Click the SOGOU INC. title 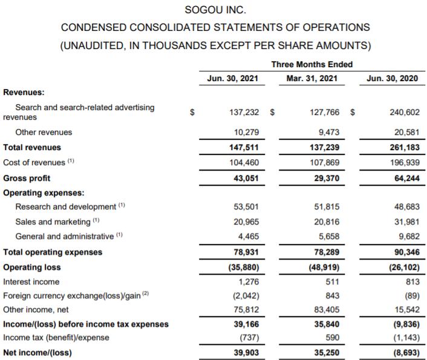215,10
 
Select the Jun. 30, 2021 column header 232,79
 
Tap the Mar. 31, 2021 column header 312,79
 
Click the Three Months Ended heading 312,64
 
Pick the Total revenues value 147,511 246,147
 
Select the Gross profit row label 27,178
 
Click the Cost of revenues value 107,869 326,163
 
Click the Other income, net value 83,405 326,310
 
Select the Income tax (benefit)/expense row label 56,338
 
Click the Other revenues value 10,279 247,132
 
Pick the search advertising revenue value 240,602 403,112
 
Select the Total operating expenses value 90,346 403,252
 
